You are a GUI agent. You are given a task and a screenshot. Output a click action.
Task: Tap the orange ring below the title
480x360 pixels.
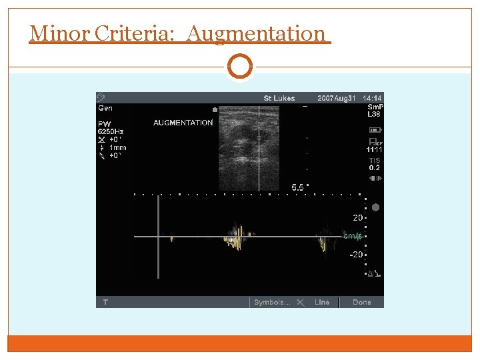tap(240, 67)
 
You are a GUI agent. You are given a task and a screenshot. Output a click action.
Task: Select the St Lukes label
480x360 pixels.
tap(279, 99)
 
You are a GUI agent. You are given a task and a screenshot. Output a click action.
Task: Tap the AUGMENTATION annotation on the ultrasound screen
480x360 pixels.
tap(183, 123)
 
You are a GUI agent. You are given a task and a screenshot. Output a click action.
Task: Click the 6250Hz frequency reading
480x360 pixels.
tap(111, 132)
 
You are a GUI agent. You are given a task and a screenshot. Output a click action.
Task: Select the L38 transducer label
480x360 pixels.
tap(373, 113)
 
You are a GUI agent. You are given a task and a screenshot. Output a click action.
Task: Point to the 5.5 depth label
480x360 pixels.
tap(297, 188)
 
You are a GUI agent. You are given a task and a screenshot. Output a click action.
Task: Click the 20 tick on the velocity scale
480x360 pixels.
tap(357, 218)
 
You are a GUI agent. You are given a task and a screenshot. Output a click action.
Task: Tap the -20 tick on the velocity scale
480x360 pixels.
tap(356, 255)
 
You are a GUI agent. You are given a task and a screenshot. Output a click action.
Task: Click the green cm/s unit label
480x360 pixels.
tap(351, 236)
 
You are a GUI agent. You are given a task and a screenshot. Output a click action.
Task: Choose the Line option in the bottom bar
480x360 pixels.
tap(322, 302)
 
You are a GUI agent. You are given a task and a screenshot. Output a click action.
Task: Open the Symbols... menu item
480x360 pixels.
tap(271, 302)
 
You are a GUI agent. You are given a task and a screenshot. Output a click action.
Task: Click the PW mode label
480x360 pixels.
tap(105, 123)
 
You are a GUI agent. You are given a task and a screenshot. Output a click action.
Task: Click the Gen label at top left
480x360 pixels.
tap(105, 107)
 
